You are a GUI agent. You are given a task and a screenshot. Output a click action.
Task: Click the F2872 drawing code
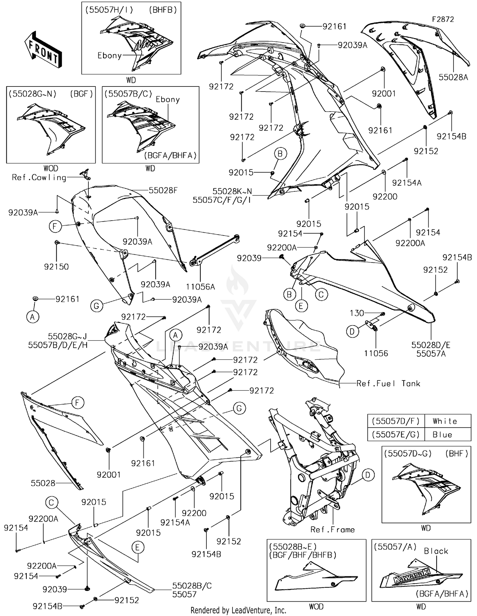click(x=443, y=19)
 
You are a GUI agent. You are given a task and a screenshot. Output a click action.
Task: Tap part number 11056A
click(x=200, y=287)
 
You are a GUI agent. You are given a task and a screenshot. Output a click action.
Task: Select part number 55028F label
click(x=163, y=190)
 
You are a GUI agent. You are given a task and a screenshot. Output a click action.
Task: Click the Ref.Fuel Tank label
click(x=388, y=384)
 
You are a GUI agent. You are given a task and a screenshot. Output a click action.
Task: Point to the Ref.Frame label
click(x=333, y=530)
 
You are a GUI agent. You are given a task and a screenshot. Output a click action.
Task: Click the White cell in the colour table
click(x=445, y=421)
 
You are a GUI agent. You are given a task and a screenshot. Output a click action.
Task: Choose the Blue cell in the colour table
click(x=442, y=435)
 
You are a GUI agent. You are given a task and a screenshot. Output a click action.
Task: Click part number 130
click(x=357, y=313)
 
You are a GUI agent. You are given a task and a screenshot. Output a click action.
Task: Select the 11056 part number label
click(x=376, y=353)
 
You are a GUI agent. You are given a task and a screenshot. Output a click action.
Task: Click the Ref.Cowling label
click(x=39, y=177)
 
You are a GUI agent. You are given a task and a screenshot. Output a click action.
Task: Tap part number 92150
click(x=56, y=266)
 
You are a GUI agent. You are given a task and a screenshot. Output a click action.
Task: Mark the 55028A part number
click(x=453, y=77)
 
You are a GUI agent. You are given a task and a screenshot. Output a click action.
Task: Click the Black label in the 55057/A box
click(x=436, y=551)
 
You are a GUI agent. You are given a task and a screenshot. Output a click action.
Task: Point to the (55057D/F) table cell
click(x=396, y=421)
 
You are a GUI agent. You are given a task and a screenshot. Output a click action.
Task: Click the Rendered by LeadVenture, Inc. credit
click(x=238, y=610)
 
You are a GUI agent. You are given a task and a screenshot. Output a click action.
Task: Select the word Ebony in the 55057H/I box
click(x=109, y=56)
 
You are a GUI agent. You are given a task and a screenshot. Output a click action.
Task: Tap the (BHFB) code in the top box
click(x=163, y=10)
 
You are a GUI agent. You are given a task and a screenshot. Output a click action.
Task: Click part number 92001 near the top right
click(x=384, y=93)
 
